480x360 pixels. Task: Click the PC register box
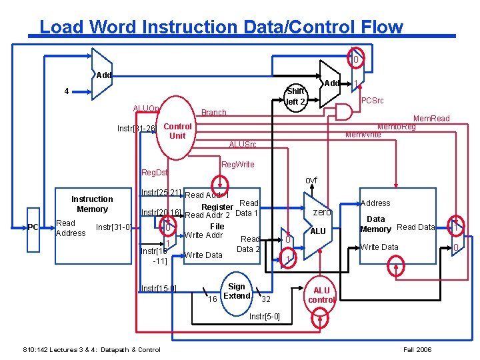(33, 227)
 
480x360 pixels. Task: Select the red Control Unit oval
(177, 131)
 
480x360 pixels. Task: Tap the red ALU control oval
(321, 295)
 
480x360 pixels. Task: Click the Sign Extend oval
(237, 291)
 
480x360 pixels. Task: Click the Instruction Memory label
(92, 204)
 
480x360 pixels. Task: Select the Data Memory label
(375, 224)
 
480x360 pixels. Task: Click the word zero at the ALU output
(322, 212)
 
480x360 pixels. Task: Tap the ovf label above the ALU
(311, 181)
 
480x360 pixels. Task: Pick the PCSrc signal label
(371, 100)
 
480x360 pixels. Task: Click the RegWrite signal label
(237, 164)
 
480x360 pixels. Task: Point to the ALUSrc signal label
(242, 145)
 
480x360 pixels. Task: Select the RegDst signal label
(155, 173)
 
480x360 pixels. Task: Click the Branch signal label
(214, 113)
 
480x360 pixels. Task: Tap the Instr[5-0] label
(264, 316)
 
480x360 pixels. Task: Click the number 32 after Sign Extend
(265, 299)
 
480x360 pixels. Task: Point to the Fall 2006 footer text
(418, 350)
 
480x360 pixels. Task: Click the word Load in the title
(61, 27)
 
